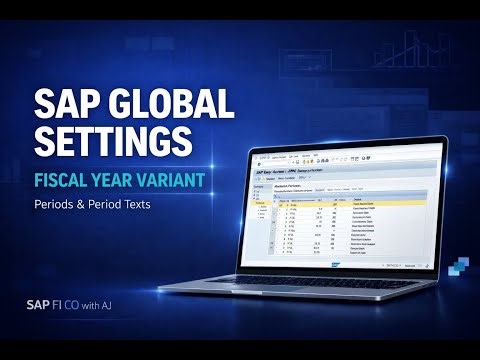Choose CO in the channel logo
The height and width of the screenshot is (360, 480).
(78, 306)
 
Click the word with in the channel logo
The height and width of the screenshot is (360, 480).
(98, 306)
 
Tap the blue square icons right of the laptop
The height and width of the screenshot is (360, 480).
(458, 264)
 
